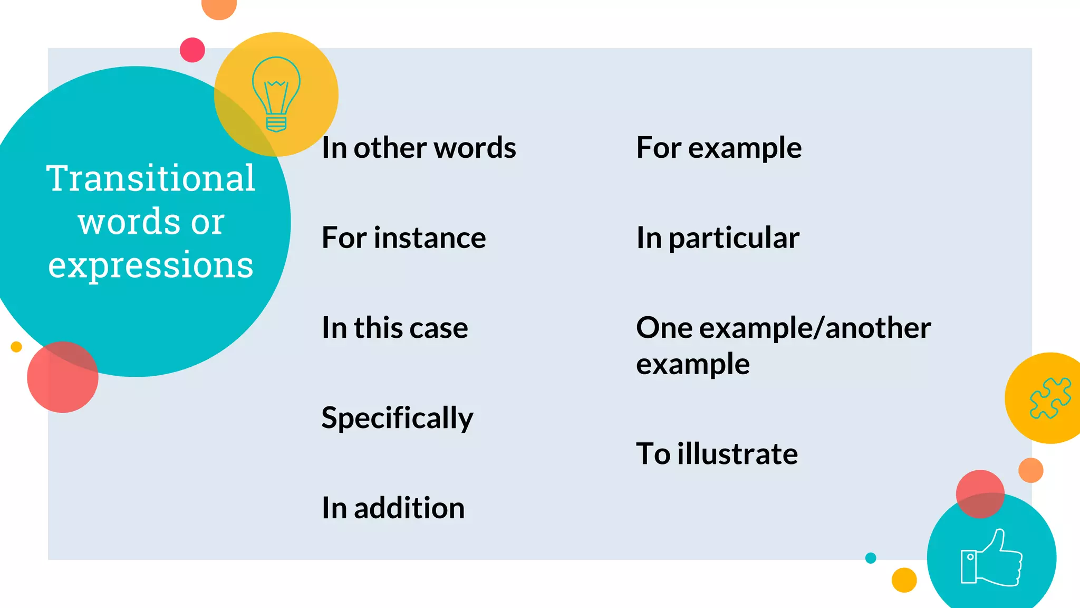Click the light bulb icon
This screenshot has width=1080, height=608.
276,94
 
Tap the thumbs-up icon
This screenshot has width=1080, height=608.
991,558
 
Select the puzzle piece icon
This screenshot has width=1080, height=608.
1050,398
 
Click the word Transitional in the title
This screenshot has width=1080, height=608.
151,178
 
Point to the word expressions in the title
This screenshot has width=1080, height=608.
151,265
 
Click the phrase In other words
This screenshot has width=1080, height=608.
419,147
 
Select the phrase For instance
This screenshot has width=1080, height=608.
404,237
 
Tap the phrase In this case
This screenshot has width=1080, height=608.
395,328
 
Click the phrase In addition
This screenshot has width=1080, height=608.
393,508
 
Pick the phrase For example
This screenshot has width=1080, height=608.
719,148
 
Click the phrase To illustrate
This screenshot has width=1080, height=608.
717,453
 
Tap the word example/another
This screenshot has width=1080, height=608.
815,328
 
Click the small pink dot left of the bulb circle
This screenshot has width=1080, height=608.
192,50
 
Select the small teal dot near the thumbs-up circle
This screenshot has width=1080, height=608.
871,558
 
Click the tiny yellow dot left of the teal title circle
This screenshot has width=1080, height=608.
16,347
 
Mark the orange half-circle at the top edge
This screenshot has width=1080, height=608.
219,6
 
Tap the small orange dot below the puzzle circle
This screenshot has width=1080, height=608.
1031,470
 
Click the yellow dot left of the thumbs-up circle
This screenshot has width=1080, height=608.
904,580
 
